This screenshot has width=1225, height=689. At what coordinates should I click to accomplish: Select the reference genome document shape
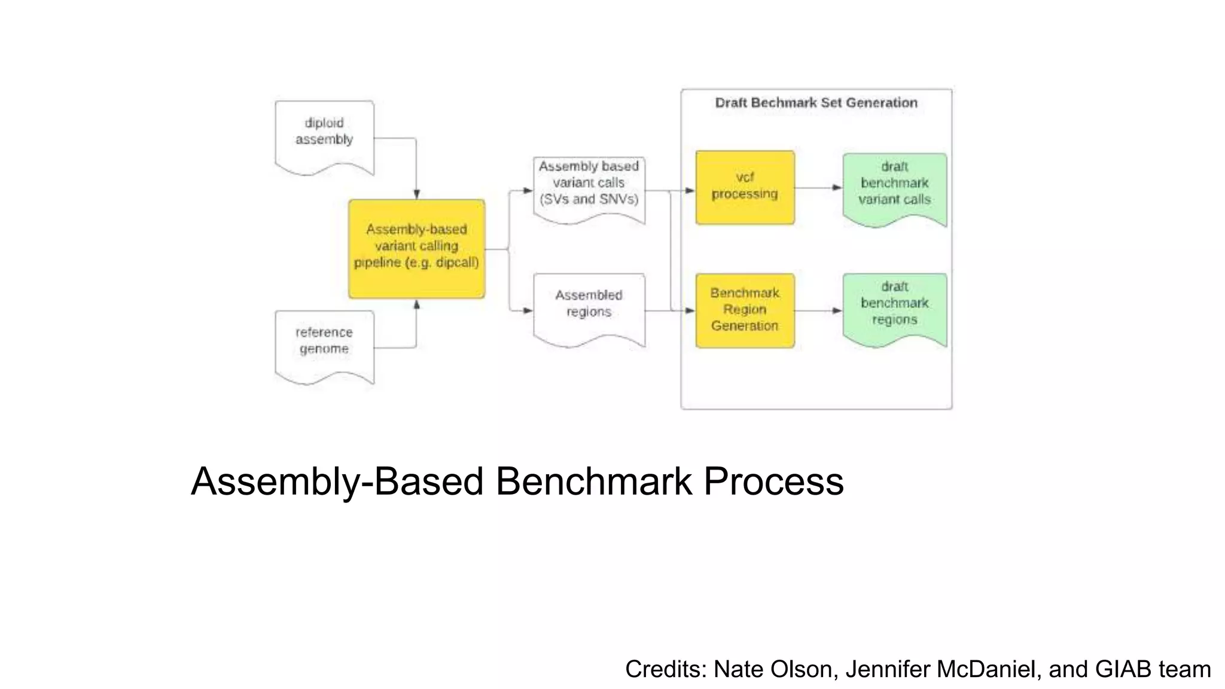[x=324, y=344]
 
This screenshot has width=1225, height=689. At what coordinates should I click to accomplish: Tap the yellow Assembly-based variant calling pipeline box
[x=416, y=248]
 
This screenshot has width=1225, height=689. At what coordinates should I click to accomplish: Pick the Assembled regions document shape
[x=589, y=307]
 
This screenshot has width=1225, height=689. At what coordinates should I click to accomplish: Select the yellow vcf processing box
[x=745, y=187]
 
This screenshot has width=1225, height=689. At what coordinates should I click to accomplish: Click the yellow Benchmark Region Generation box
[x=745, y=310]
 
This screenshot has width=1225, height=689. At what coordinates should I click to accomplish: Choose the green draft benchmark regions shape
[x=894, y=307]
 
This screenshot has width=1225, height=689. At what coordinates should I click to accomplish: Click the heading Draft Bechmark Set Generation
[x=816, y=103]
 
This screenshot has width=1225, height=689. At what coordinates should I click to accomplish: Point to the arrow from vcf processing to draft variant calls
[x=818, y=188]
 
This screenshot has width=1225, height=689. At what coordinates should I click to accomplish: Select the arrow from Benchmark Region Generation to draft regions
[x=818, y=310]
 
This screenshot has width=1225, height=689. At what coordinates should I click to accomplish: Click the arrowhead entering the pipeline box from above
[x=416, y=194]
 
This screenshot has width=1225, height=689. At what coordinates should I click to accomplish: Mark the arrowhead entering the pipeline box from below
[x=416, y=304]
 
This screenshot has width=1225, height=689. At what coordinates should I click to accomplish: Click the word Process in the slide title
[x=773, y=481]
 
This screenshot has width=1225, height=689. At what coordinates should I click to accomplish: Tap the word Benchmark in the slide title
[x=593, y=481]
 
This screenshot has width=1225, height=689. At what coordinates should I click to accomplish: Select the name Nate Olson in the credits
[x=773, y=669]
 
